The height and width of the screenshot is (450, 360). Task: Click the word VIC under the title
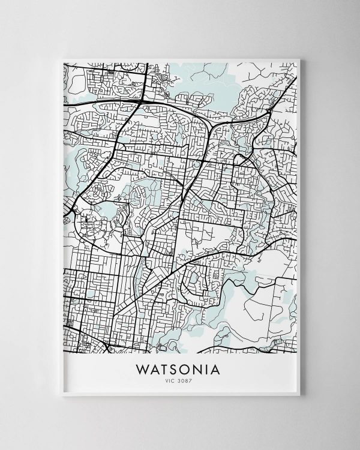tap(172, 380)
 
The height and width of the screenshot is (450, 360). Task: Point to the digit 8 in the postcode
tap(188, 380)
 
